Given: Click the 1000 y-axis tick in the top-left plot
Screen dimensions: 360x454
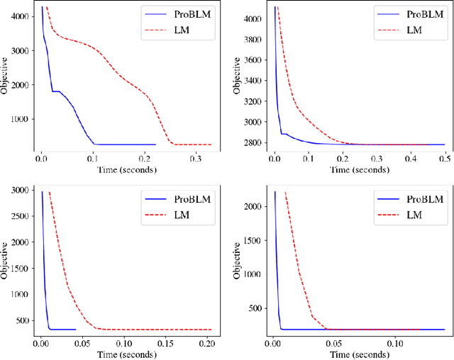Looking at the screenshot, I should (x=21, y=118).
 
